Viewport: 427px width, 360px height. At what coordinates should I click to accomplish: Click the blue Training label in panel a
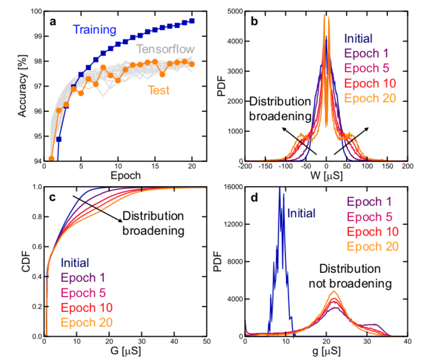tap(95, 32)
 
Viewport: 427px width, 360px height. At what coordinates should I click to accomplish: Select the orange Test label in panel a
tap(158, 90)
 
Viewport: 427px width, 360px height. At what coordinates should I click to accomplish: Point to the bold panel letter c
tap(52, 197)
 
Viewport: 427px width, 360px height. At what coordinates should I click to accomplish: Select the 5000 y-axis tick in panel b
tap(234, 11)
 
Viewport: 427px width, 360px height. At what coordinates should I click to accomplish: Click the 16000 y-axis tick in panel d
tap(232, 186)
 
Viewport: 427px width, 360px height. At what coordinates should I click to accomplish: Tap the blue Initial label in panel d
tap(302, 214)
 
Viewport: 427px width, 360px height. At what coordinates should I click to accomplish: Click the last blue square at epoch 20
tap(192, 21)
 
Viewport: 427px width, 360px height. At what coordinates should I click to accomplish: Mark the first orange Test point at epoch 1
tap(51, 158)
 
